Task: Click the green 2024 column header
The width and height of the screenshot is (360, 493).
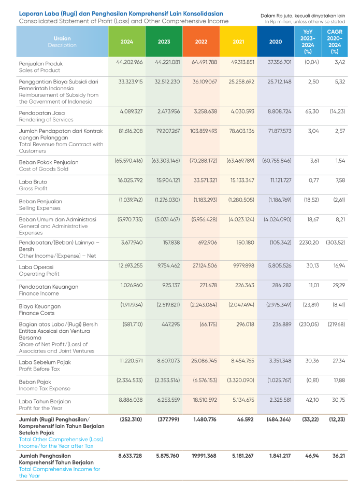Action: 127,41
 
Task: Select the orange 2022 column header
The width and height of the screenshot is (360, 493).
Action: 201,41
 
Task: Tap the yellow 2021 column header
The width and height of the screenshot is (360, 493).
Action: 238,41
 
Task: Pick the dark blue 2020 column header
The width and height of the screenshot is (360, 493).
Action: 276,41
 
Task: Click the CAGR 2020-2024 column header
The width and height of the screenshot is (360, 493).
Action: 335,41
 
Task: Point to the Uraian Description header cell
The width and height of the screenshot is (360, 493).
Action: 62,41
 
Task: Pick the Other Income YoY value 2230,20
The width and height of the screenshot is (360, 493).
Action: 309,243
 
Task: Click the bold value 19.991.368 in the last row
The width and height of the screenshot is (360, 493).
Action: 203,455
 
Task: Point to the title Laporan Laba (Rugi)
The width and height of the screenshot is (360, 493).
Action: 54,13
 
